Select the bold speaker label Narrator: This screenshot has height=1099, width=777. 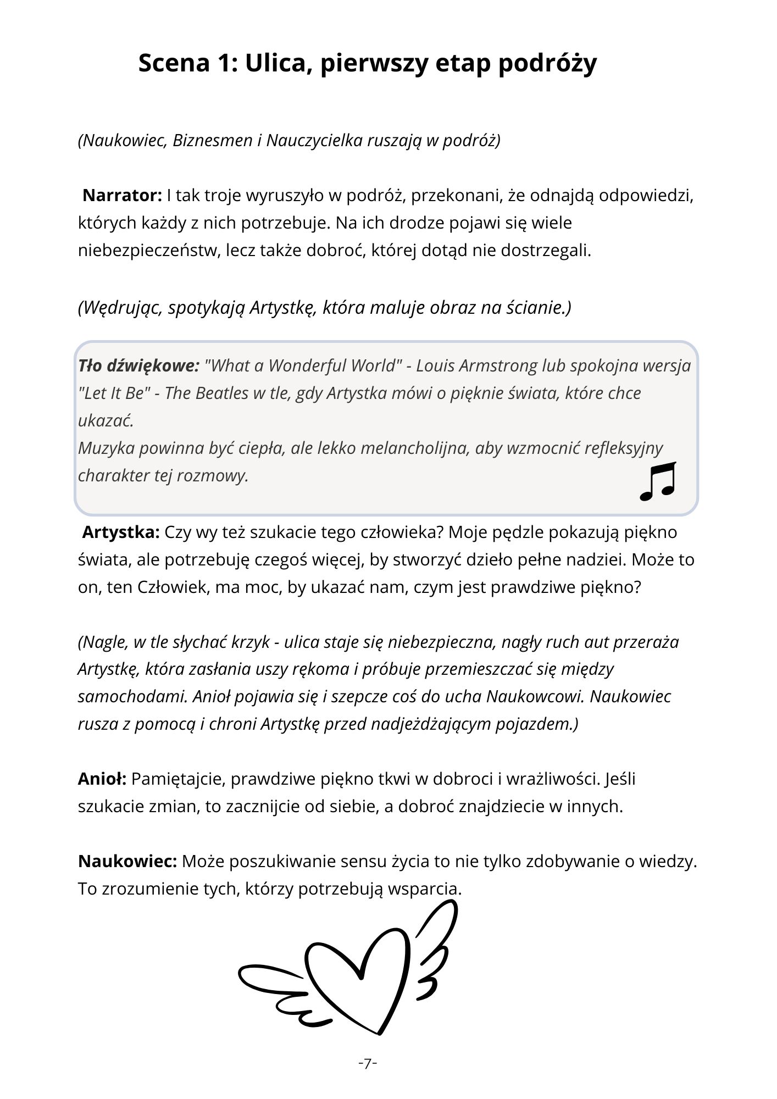(x=122, y=195)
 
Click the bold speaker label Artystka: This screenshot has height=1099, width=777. (x=121, y=532)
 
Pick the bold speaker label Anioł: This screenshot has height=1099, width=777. (x=102, y=779)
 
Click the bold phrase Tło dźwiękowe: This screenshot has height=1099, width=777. (x=138, y=365)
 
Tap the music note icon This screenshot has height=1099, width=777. (x=658, y=481)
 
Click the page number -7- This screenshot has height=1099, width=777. (x=368, y=1063)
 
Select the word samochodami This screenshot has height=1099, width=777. (x=133, y=696)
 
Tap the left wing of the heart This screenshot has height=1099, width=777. (x=275, y=989)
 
